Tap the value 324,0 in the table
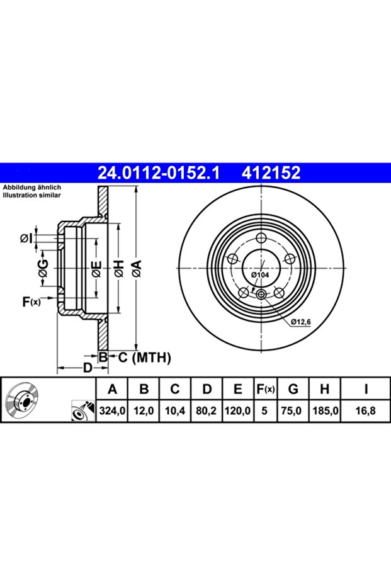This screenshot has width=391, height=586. [113, 412]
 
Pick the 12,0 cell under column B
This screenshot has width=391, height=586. [144, 412]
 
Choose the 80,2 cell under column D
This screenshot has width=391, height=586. [206, 412]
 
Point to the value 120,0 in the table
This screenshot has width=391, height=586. [237, 412]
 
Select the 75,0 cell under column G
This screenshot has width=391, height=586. [293, 412]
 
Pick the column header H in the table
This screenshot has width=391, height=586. [325, 390]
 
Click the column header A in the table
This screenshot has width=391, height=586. [113, 390]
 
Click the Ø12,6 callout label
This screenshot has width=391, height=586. [302, 322]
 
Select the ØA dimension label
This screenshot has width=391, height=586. [136, 269]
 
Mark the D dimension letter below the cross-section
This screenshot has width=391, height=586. [88, 367]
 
